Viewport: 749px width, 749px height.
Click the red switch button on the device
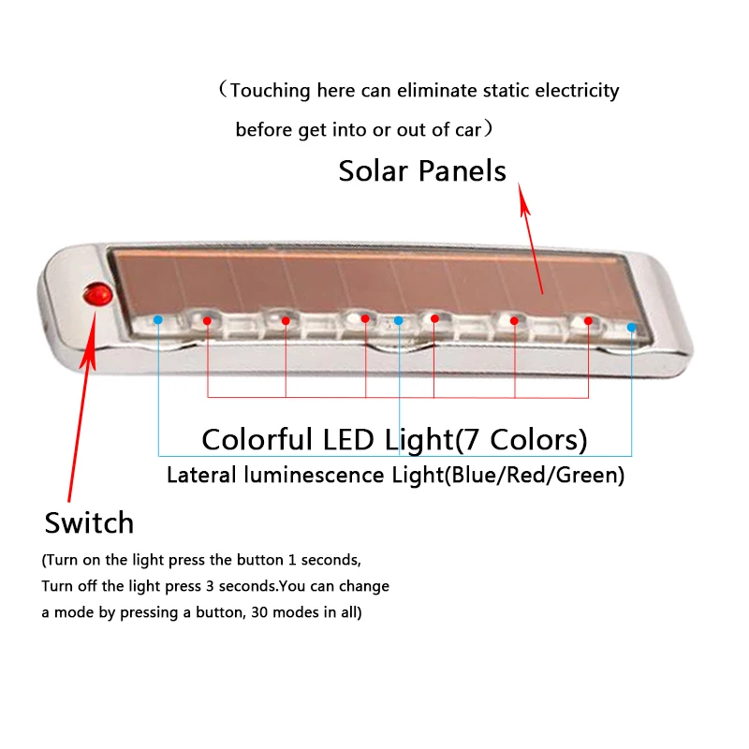pos(98,295)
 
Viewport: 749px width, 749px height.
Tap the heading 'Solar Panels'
pos(422,171)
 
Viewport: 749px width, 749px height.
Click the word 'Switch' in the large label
pos(89,522)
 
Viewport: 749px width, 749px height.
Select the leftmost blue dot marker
pos(158,319)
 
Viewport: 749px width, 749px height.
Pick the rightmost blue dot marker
pos(631,327)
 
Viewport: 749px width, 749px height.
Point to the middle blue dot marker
pos(399,320)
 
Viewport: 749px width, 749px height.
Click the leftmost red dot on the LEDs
pos(207,320)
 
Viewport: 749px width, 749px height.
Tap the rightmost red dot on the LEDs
pos(588,321)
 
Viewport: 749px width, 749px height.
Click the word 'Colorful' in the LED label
pos(257,439)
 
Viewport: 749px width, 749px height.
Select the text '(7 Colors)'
pos(521,440)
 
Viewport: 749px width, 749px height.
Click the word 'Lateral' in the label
pos(201,475)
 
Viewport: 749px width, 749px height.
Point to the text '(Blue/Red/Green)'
pos(535,476)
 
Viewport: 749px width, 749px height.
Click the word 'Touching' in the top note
pos(271,91)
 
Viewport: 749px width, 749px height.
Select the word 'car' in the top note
pos(468,130)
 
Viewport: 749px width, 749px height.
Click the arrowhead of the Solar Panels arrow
pos(523,199)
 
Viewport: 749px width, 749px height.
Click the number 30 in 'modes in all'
pos(259,612)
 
